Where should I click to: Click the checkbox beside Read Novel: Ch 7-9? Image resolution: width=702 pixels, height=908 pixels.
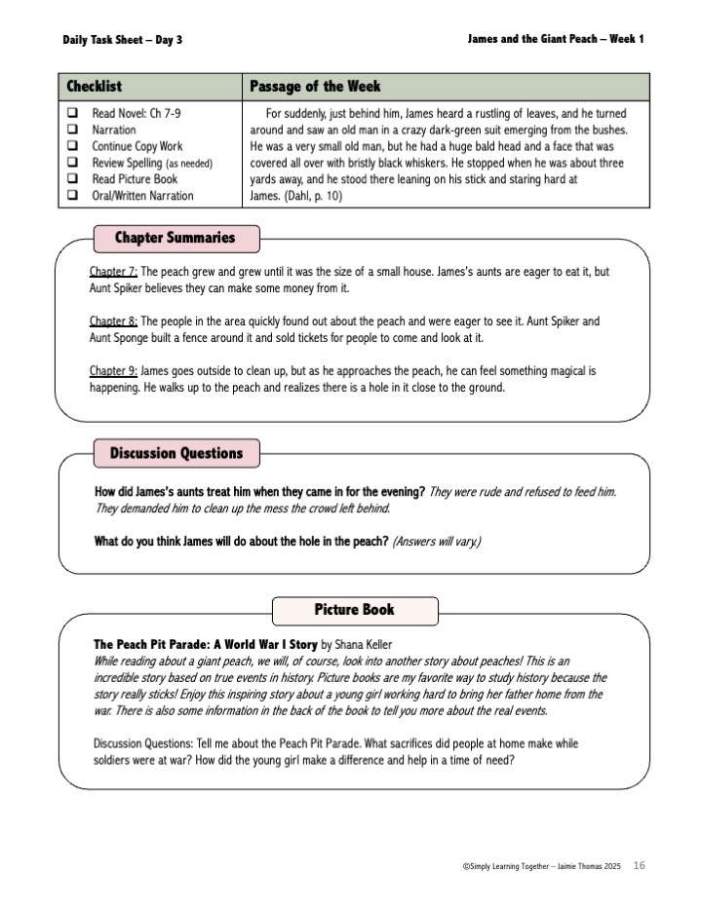click(x=72, y=113)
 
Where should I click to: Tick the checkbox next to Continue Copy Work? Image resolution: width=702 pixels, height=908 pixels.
click(x=72, y=146)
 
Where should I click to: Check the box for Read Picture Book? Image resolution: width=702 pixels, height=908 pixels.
click(x=72, y=179)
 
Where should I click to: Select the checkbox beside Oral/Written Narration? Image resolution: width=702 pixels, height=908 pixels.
click(x=72, y=196)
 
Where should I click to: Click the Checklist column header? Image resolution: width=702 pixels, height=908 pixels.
click(x=94, y=87)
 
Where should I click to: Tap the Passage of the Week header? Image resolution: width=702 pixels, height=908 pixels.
click(x=315, y=87)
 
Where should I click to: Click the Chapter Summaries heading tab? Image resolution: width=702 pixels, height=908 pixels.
click(x=175, y=238)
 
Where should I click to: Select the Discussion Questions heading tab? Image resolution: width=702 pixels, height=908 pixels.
click(x=175, y=453)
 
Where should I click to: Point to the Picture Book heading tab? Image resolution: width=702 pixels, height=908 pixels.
click(x=354, y=610)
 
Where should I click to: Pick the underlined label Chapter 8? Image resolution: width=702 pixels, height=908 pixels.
click(x=113, y=321)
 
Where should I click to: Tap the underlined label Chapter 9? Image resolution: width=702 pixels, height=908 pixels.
click(x=113, y=371)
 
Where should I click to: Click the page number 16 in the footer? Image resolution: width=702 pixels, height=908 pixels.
click(x=640, y=864)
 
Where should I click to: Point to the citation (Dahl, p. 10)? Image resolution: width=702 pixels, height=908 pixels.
click(x=316, y=196)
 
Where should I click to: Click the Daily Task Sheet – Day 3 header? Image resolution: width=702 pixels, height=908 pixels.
click(x=122, y=40)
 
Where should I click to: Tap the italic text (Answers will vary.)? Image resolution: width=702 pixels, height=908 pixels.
click(x=437, y=541)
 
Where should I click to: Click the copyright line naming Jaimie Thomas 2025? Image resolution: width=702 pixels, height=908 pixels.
click(x=543, y=865)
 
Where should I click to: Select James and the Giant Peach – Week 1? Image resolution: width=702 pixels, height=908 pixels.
click(x=555, y=39)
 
